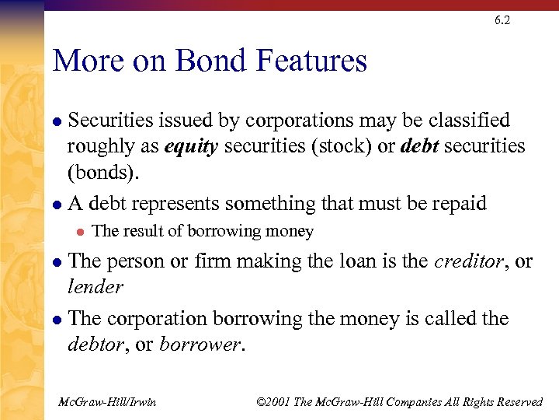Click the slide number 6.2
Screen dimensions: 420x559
(x=502, y=21)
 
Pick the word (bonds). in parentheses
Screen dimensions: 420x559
(x=104, y=172)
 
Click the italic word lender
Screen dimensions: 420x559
(x=95, y=287)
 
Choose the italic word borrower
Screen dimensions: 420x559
(x=201, y=345)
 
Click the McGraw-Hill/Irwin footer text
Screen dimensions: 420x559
(x=107, y=402)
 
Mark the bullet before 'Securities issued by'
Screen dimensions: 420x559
(x=57, y=121)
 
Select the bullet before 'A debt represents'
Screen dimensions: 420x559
(x=57, y=205)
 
